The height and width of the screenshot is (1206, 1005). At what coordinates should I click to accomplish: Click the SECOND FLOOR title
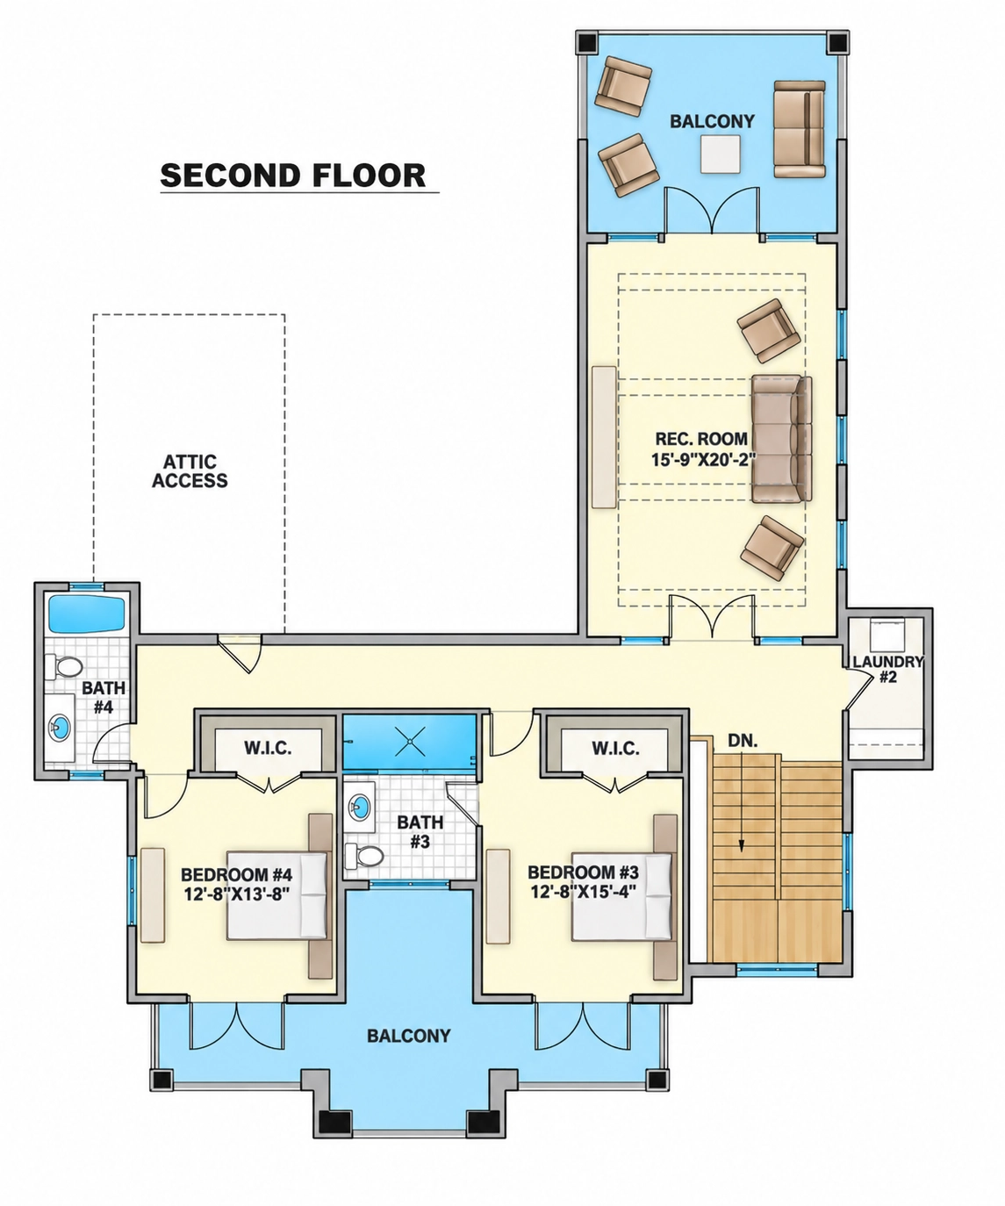[293, 175]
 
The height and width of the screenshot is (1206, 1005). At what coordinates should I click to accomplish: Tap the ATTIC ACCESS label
[190, 470]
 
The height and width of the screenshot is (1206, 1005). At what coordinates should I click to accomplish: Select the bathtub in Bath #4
[87, 614]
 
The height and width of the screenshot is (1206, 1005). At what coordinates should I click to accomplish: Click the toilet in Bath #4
[64, 667]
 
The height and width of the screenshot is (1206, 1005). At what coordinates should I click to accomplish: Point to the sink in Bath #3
[361, 805]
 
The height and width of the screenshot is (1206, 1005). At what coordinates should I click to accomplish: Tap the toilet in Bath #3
[364, 855]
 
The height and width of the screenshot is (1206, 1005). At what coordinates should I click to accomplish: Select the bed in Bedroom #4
[276, 895]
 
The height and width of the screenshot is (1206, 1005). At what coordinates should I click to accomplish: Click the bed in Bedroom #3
[621, 896]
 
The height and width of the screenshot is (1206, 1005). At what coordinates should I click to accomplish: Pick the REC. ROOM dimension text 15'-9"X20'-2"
[703, 460]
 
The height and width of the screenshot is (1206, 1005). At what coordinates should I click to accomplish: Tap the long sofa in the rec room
[781, 439]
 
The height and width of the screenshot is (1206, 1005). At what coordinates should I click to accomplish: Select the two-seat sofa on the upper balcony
[800, 129]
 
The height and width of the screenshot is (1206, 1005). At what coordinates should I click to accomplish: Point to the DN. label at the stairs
[743, 741]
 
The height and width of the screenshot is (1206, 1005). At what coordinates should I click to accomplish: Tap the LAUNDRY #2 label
[887, 669]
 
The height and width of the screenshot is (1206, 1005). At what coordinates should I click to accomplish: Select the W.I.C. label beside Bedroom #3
[615, 749]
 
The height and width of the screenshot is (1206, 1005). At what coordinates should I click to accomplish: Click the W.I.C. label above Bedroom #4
[268, 748]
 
